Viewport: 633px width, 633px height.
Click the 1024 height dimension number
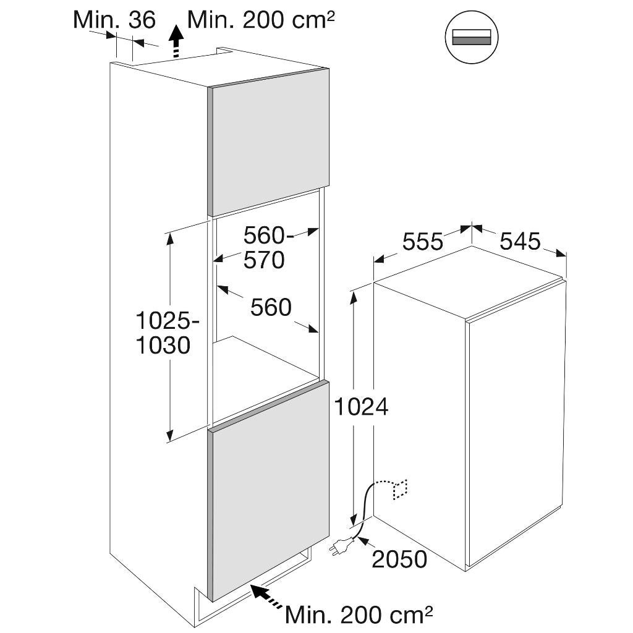tap(361, 407)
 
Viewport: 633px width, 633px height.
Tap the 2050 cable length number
tap(399, 559)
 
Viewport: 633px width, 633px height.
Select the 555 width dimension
tap(423, 242)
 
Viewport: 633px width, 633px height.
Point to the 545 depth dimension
tap(520, 242)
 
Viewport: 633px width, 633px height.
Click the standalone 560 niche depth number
tap(271, 307)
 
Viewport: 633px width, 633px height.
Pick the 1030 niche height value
tap(163, 346)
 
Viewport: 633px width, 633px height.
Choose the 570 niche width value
tap(264, 260)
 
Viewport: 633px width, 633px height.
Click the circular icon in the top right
tap(472, 37)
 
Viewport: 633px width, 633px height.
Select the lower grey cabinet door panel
tap(269, 491)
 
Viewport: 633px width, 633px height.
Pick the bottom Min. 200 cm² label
tap(359, 615)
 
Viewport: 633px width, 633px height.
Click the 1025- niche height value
tap(167, 321)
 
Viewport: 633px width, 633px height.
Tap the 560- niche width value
tap(269, 236)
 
